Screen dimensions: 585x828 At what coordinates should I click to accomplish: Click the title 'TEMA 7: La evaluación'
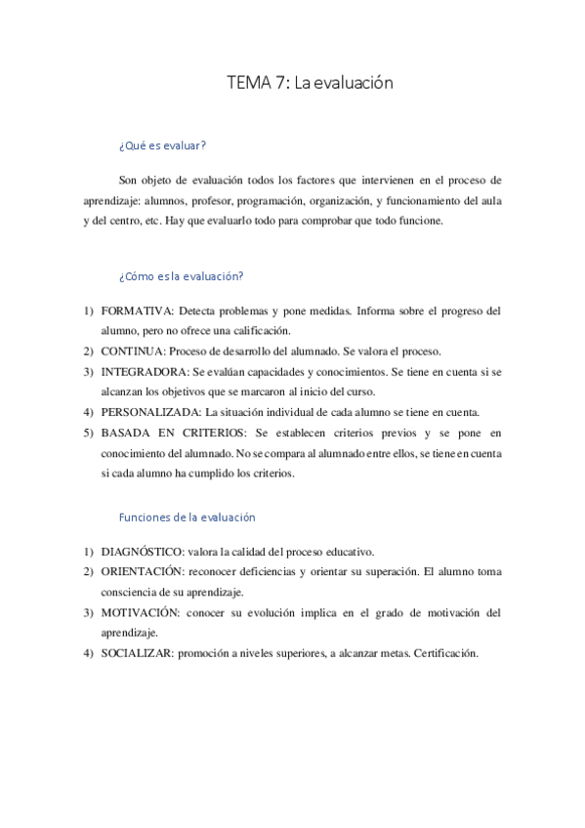pyautogui.click(x=310, y=84)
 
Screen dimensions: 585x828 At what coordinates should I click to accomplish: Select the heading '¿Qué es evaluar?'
pyautogui.click(x=162, y=145)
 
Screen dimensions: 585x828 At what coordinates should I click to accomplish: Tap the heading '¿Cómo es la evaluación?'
pyautogui.click(x=181, y=276)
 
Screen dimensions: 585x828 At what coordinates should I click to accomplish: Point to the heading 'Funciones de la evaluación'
pyautogui.click(x=187, y=517)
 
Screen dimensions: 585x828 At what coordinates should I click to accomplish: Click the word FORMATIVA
pyautogui.click(x=136, y=311)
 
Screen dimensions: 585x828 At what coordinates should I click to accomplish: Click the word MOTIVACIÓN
pyautogui.click(x=141, y=613)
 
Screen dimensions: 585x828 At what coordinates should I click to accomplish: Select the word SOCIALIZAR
pyautogui.click(x=137, y=653)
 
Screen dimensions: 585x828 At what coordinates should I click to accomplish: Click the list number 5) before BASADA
pyautogui.click(x=88, y=433)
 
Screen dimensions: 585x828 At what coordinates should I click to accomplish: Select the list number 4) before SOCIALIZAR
pyautogui.click(x=88, y=653)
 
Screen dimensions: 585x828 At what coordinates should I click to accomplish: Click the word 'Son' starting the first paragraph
pyautogui.click(x=128, y=181)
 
